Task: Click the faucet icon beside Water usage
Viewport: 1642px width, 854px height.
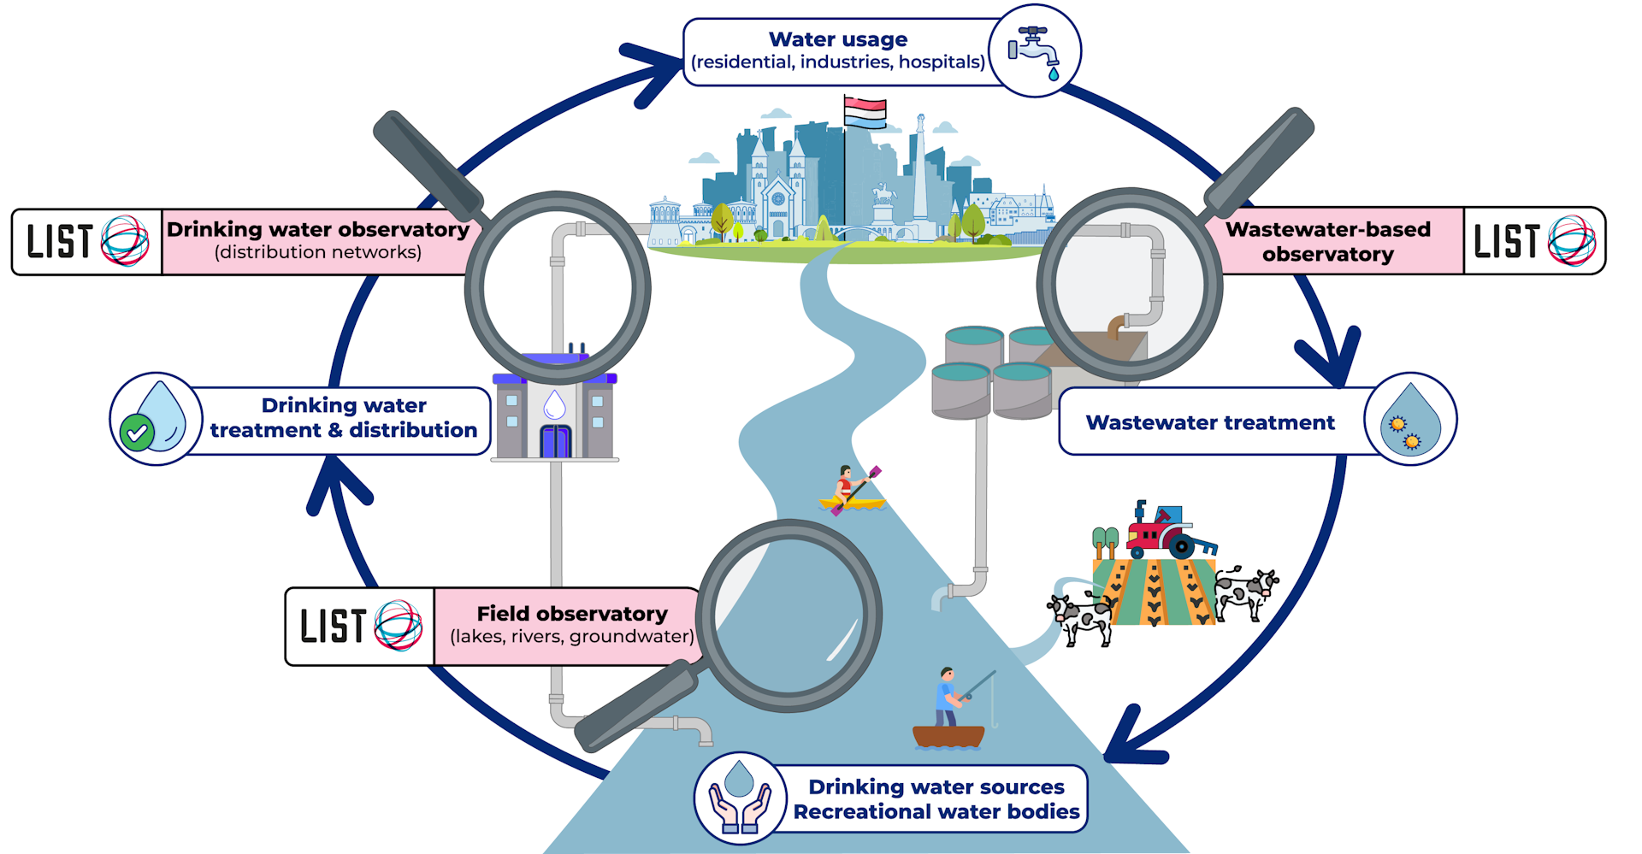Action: (1034, 51)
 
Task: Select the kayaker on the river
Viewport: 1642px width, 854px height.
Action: (850, 492)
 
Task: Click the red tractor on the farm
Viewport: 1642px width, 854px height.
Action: (1163, 531)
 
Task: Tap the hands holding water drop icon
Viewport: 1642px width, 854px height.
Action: (740, 798)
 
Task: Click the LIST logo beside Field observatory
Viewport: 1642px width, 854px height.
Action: (360, 627)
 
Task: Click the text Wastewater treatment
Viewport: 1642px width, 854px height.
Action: (1209, 422)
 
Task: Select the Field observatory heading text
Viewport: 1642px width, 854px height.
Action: (571, 614)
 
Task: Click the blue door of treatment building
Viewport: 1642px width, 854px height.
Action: (555, 441)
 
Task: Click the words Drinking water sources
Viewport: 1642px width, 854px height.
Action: (936, 786)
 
